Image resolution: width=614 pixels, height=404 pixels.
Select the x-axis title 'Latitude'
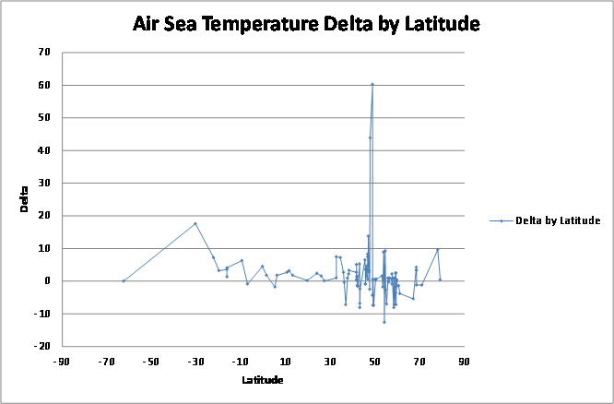(263, 380)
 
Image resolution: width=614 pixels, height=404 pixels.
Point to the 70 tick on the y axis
(43, 53)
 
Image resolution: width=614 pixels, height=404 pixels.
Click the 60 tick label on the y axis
(43, 85)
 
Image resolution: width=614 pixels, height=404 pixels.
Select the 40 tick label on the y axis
(43, 150)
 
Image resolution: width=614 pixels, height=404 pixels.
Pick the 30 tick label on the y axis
(43, 183)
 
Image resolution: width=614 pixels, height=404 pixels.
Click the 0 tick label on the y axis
(46, 280)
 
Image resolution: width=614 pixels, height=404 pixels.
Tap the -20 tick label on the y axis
(41, 346)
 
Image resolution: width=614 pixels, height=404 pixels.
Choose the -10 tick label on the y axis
(41, 314)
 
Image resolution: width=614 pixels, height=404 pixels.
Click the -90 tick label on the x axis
(62, 362)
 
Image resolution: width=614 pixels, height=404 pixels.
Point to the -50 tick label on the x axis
(151, 362)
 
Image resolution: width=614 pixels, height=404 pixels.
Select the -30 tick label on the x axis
(195, 362)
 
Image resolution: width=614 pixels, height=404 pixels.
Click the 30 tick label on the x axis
(330, 362)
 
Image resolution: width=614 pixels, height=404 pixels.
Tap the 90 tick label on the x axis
(464, 362)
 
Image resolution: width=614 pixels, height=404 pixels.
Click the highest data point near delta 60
(372, 85)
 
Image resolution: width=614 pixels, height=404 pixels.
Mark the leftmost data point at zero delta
(124, 280)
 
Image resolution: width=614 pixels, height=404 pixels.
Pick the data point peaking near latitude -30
(195, 223)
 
